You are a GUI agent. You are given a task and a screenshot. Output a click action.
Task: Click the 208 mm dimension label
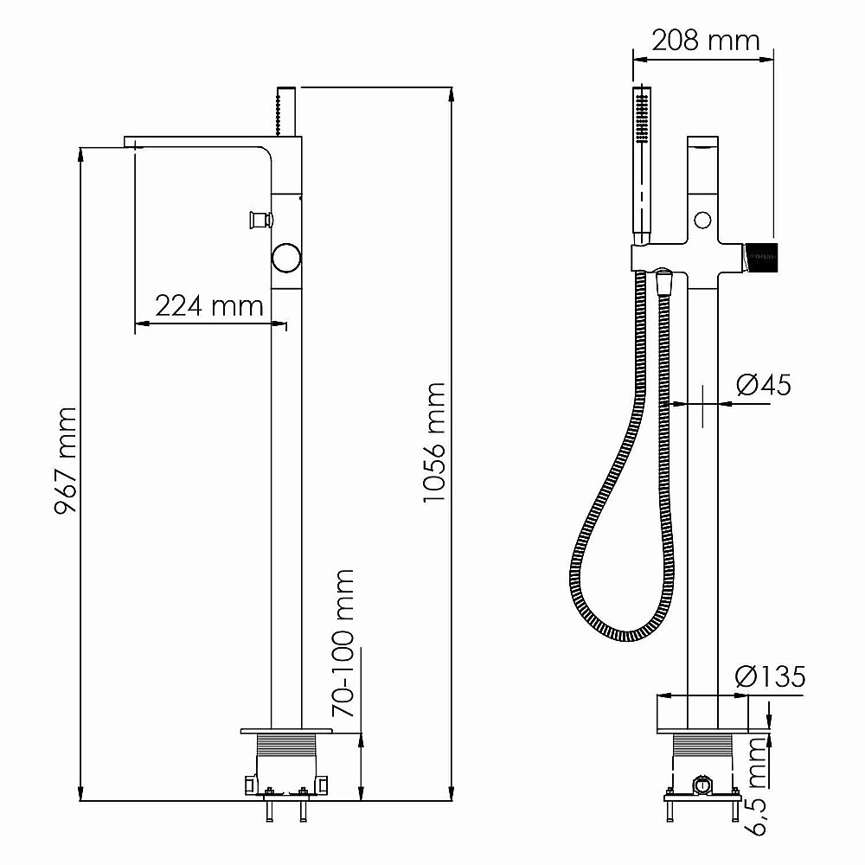(x=704, y=40)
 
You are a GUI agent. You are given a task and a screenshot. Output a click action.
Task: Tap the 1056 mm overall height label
(x=434, y=443)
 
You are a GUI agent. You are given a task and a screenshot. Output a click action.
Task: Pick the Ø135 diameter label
(x=770, y=676)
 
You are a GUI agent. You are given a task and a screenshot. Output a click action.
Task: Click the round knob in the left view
(x=285, y=257)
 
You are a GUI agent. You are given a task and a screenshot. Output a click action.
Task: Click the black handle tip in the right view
(x=764, y=256)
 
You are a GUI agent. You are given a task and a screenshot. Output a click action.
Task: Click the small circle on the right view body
(x=702, y=220)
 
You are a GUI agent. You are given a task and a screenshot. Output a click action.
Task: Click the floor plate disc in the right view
(x=702, y=714)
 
